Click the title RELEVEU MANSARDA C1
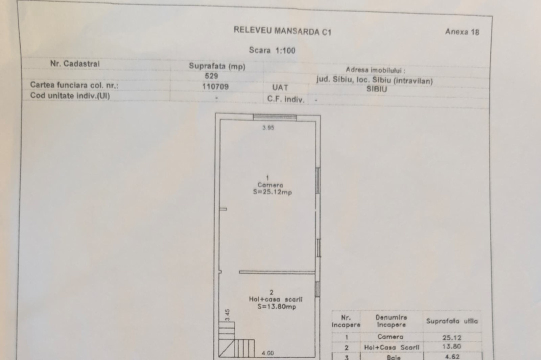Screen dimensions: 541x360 coord(282,31)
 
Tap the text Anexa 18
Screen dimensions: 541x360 coord(462,32)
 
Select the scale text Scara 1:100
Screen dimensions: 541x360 coord(272,50)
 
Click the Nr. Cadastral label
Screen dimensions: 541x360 coord(75,63)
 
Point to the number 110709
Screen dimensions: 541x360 coord(215,86)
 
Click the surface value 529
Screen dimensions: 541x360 coord(211,76)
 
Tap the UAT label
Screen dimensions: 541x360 coord(280,87)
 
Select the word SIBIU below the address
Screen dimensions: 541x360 coord(376,88)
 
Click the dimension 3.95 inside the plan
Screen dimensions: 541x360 coord(268,127)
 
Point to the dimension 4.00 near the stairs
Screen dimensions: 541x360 coord(267,353)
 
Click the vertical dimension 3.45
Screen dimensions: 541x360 coord(227,314)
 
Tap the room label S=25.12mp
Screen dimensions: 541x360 coord(272,192)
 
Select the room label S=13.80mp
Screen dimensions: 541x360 coord(276,306)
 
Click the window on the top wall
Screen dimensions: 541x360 coord(274,117)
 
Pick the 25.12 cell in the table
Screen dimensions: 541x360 coord(451,337)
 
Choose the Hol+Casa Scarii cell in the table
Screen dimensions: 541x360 coord(391,347)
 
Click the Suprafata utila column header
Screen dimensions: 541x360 coord(452,321)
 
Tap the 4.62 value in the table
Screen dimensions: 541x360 coord(452,356)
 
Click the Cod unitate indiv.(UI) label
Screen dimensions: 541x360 coord(69,95)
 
